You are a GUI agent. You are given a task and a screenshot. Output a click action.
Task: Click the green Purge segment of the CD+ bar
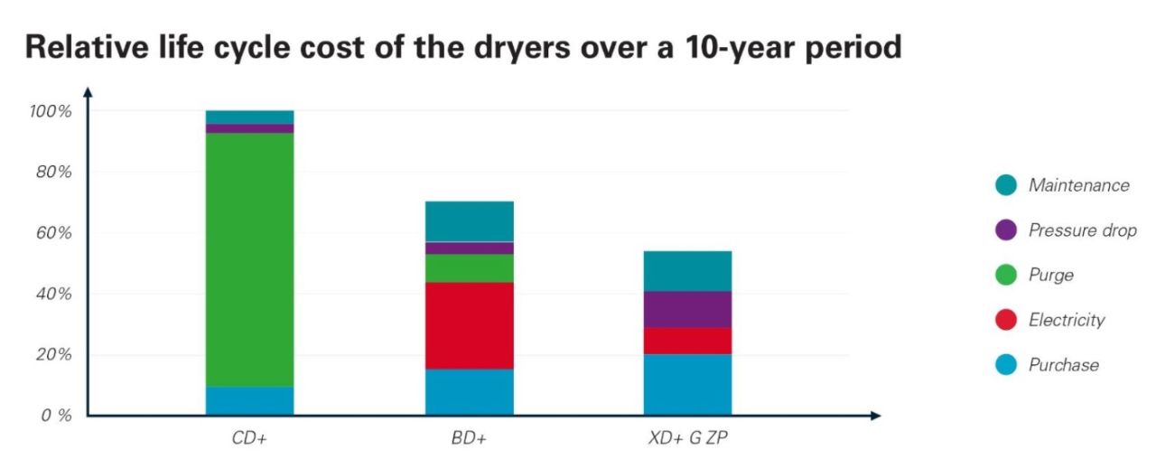(249, 260)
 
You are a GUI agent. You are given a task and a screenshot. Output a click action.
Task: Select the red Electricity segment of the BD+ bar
(469, 325)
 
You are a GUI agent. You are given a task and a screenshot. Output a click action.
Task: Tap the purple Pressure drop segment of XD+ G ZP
(687, 309)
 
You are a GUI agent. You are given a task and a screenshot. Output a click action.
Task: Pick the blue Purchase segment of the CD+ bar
(249, 401)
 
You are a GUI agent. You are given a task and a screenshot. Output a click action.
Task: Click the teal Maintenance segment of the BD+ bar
(469, 221)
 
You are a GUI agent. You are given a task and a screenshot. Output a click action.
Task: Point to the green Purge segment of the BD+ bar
(469, 268)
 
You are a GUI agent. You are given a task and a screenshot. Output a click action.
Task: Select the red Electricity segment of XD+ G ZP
(687, 341)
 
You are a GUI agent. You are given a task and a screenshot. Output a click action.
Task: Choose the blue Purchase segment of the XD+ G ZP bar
(687, 385)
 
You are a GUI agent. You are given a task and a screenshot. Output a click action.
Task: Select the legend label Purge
(1050, 276)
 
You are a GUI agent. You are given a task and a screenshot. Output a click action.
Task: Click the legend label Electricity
(1066, 320)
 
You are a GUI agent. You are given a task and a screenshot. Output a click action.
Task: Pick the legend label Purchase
(1063, 365)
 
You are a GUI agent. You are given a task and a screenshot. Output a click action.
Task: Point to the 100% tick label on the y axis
(51, 111)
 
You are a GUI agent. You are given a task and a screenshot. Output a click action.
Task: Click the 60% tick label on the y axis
(53, 233)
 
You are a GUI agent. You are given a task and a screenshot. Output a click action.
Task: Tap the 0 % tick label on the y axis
(53, 416)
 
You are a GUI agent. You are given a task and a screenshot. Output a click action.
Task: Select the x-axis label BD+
(469, 440)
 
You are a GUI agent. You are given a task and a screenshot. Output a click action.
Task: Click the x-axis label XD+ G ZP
(687, 440)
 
